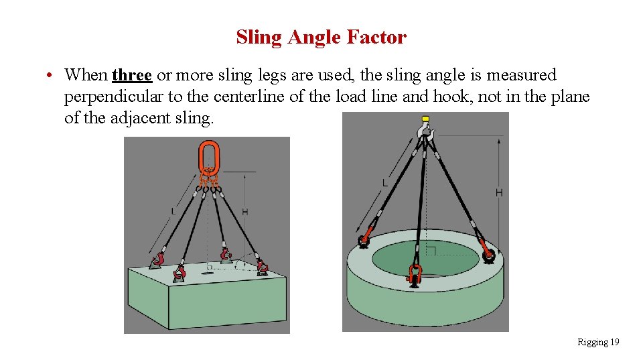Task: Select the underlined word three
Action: point(132,74)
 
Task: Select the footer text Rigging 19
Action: point(597,343)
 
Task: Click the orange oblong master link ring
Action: point(208,158)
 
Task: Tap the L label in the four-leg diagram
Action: point(173,211)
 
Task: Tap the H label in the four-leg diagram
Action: point(245,212)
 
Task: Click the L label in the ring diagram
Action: point(384,182)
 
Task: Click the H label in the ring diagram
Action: point(498,192)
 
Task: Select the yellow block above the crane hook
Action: point(424,120)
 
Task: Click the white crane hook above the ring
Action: point(425,135)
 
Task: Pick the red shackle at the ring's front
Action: point(415,274)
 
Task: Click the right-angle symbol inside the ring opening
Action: point(431,251)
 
